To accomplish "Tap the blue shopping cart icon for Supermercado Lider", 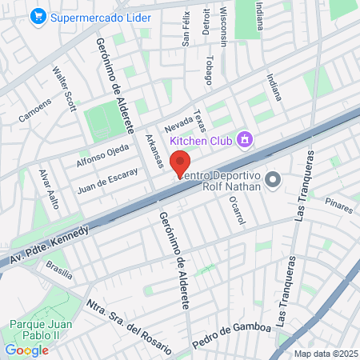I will [37, 16].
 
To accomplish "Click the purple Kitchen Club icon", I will [246, 141].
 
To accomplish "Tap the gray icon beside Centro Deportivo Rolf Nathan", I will [273, 178].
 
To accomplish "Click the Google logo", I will [26, 350].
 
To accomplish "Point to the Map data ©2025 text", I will [324, 354].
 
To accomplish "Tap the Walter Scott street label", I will [64, 88].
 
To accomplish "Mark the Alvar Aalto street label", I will [50, 189].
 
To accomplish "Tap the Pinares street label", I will [338, 208].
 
